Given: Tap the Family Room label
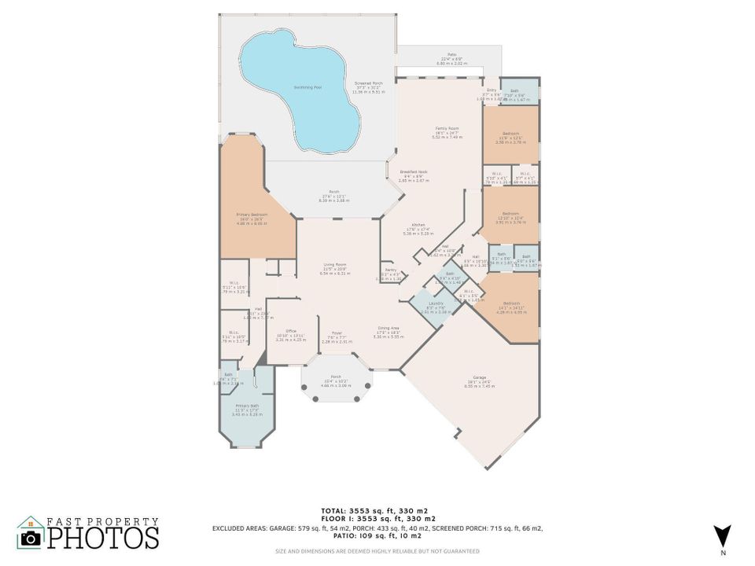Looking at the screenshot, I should point(447,128).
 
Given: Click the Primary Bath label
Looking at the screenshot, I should point(247,406).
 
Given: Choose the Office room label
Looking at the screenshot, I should point(290,331).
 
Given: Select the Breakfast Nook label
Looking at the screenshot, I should point(413,172).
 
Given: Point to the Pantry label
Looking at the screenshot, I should point(389,270).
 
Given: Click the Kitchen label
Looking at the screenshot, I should point(418,225).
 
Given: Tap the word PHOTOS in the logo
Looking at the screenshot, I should point(102,538).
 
